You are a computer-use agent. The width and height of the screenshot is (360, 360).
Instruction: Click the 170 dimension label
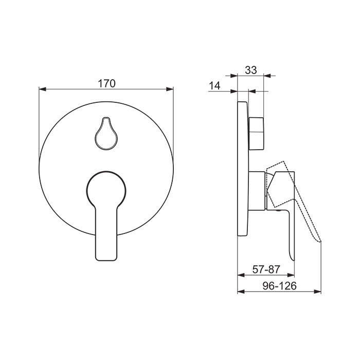click(106, 83)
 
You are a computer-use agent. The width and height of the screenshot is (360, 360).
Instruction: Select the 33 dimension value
click(251, 70)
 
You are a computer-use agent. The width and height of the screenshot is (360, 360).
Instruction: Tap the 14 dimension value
click(214, 86)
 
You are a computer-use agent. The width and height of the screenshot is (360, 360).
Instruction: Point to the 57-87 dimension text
click(266, 269)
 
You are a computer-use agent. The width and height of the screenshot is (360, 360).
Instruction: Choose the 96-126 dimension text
click(279, 286)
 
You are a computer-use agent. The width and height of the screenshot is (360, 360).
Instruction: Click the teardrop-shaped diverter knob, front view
click(106, 134)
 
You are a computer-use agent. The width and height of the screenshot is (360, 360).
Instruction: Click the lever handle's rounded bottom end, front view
click(106, 258)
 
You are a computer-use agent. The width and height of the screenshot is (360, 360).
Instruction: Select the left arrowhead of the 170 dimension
click(43, 89)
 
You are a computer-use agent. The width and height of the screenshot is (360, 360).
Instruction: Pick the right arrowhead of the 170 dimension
click(170, 89)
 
